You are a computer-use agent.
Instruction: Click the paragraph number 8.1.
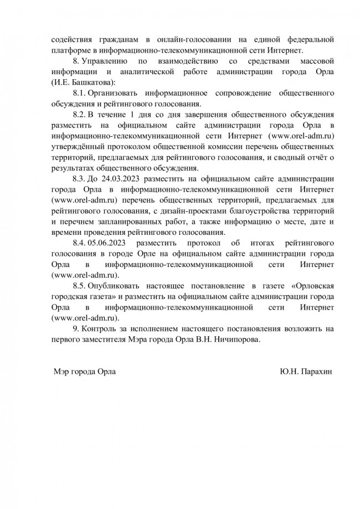79,93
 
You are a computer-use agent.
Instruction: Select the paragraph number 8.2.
79,114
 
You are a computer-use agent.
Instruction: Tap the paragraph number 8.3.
79,178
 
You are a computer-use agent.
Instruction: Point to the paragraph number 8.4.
79,244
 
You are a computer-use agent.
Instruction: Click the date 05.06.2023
110,244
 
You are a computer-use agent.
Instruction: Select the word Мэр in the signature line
60,372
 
